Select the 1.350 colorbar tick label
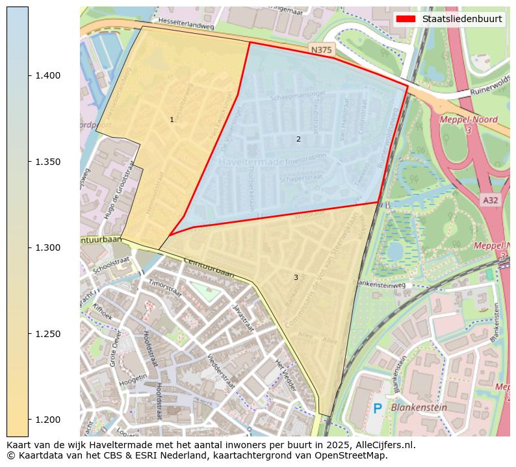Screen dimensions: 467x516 [x=47, y=162]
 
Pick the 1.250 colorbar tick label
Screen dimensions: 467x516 [x=47, y=334]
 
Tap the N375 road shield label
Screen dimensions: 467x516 [x=320, y=50]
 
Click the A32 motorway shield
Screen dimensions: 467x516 [x=490, y=201]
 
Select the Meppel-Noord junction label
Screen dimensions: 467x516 [x=468, y=120]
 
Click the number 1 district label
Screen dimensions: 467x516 [x=172, y=120]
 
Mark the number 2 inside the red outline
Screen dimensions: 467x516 [x=298, y=139]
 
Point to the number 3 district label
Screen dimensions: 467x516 [x=296, y=278]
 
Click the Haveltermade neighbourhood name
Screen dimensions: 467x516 [x=256, y=162]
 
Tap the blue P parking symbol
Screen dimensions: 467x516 [x=378, y=409]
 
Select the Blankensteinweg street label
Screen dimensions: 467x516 [x=381, y=284]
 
